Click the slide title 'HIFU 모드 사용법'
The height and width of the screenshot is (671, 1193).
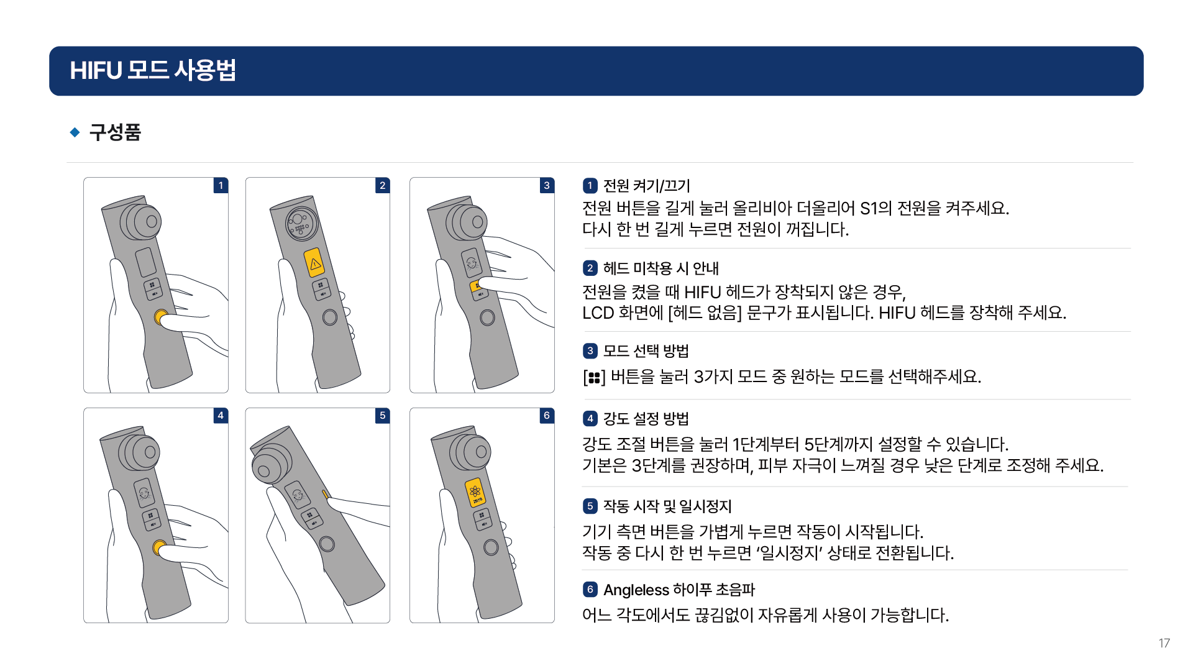pos(153,70)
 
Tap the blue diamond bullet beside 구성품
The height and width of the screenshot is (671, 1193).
pos(75,132)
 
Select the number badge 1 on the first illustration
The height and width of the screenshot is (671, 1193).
pos(221,185)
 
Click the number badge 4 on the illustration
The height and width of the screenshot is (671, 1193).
pos(221,415)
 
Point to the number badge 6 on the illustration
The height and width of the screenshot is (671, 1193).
pos(547,415)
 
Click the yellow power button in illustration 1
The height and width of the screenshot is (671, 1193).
pos(160,317)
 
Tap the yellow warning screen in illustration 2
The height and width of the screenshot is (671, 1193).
pos(315,263)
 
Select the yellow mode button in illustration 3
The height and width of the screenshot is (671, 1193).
pos(475,285)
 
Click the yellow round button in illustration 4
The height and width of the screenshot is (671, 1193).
pos(159,547)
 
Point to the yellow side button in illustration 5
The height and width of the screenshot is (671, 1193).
pos(325,494)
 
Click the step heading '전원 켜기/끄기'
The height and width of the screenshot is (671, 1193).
pos(647,186)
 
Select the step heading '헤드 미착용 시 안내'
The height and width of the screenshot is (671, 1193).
pos(661,268)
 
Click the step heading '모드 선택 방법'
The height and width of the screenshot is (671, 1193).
pos(646,351)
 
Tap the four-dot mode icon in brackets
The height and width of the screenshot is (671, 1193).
pos(594,378)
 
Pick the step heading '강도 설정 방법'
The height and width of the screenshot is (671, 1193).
pos(646,419)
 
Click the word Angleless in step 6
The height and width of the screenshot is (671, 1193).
pos(636,590)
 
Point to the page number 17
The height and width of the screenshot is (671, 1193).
pos(1164,643)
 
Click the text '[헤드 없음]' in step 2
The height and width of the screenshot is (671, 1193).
pos(705,313)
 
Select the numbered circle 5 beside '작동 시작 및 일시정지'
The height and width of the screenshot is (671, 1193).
pos(590,506)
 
